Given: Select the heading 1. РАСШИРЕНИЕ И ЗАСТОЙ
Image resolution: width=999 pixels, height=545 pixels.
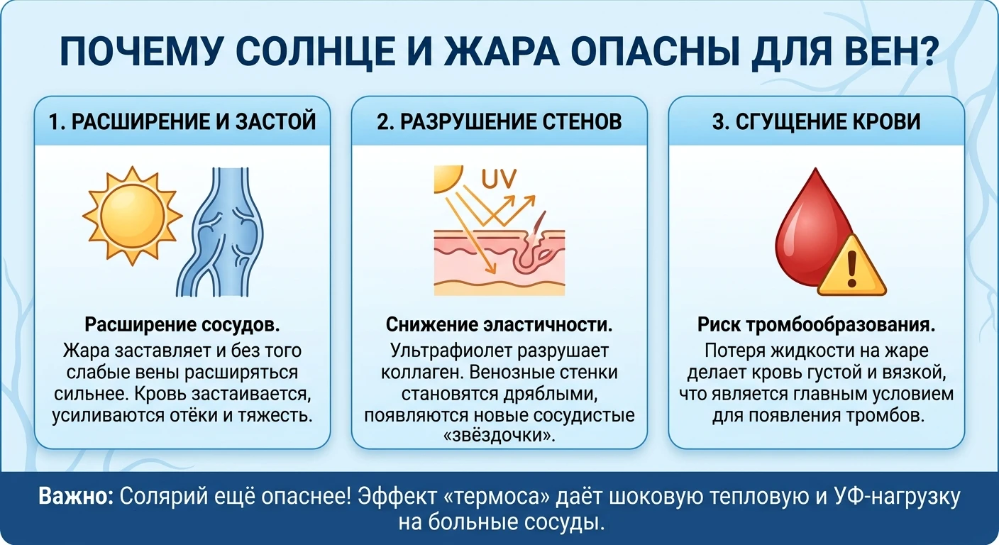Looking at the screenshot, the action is click(182, 122).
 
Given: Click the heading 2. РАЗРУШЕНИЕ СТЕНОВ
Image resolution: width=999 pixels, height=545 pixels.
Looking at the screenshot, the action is click(499, 122).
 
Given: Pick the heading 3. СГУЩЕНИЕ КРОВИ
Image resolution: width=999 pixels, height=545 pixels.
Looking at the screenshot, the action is click(816, 122).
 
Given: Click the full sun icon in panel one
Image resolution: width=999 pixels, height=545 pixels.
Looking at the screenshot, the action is click(133, 216).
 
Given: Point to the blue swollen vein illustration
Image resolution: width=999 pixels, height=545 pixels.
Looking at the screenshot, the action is click(220, 232).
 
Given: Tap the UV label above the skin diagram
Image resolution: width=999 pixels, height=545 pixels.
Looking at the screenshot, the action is click(499, 179).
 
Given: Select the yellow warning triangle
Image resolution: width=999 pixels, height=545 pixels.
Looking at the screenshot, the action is click(851, 267).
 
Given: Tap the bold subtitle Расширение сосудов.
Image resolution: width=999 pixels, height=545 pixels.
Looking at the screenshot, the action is click(182, 325).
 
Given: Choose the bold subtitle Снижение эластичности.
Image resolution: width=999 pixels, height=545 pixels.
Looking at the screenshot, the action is click(499, 325).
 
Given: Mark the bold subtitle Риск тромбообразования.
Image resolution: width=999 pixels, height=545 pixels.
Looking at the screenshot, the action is click(816, 325).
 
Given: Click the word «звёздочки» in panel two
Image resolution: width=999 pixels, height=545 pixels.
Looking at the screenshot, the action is click(499, 435).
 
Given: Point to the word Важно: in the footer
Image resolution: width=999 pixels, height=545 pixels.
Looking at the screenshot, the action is click(76, 496).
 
